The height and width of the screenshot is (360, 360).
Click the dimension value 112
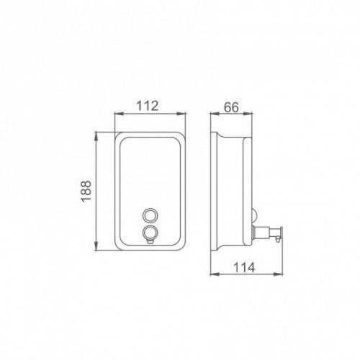148,106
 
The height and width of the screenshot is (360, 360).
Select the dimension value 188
86,191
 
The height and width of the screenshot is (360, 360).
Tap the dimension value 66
232,107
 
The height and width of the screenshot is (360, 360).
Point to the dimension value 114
244,268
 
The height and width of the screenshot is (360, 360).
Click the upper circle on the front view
150,215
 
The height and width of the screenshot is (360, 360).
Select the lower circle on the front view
150,233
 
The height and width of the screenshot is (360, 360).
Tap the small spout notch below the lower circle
150,242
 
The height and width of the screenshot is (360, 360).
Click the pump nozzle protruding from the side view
267,233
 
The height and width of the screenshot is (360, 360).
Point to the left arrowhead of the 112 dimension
119,114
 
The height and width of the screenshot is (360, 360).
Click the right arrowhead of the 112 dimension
181,114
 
